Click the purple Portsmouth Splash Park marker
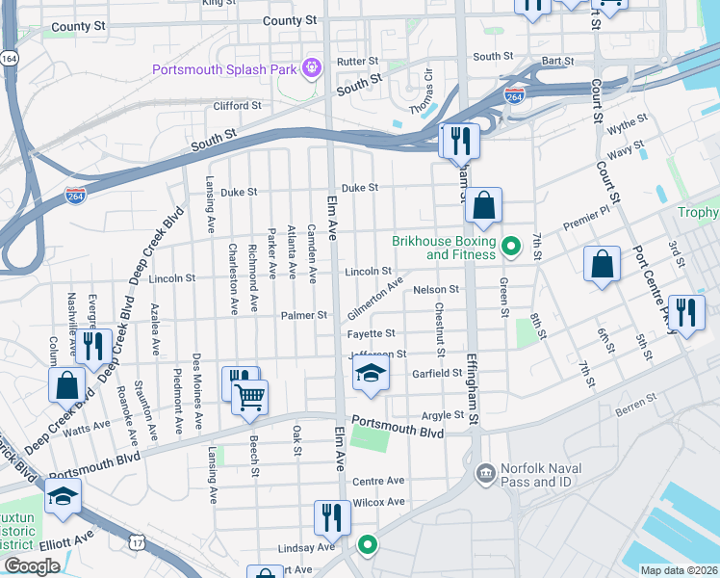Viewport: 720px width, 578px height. [x=312, y=67]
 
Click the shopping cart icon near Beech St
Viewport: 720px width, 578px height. [x=249, y=395]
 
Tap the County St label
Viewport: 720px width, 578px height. [x=289, y=20]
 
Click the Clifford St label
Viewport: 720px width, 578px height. [x=237, y=106]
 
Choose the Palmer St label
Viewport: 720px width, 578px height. [x=304, y=315]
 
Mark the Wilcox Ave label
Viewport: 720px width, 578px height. [x=379, y=502]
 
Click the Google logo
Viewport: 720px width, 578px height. [x=31, y=566]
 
